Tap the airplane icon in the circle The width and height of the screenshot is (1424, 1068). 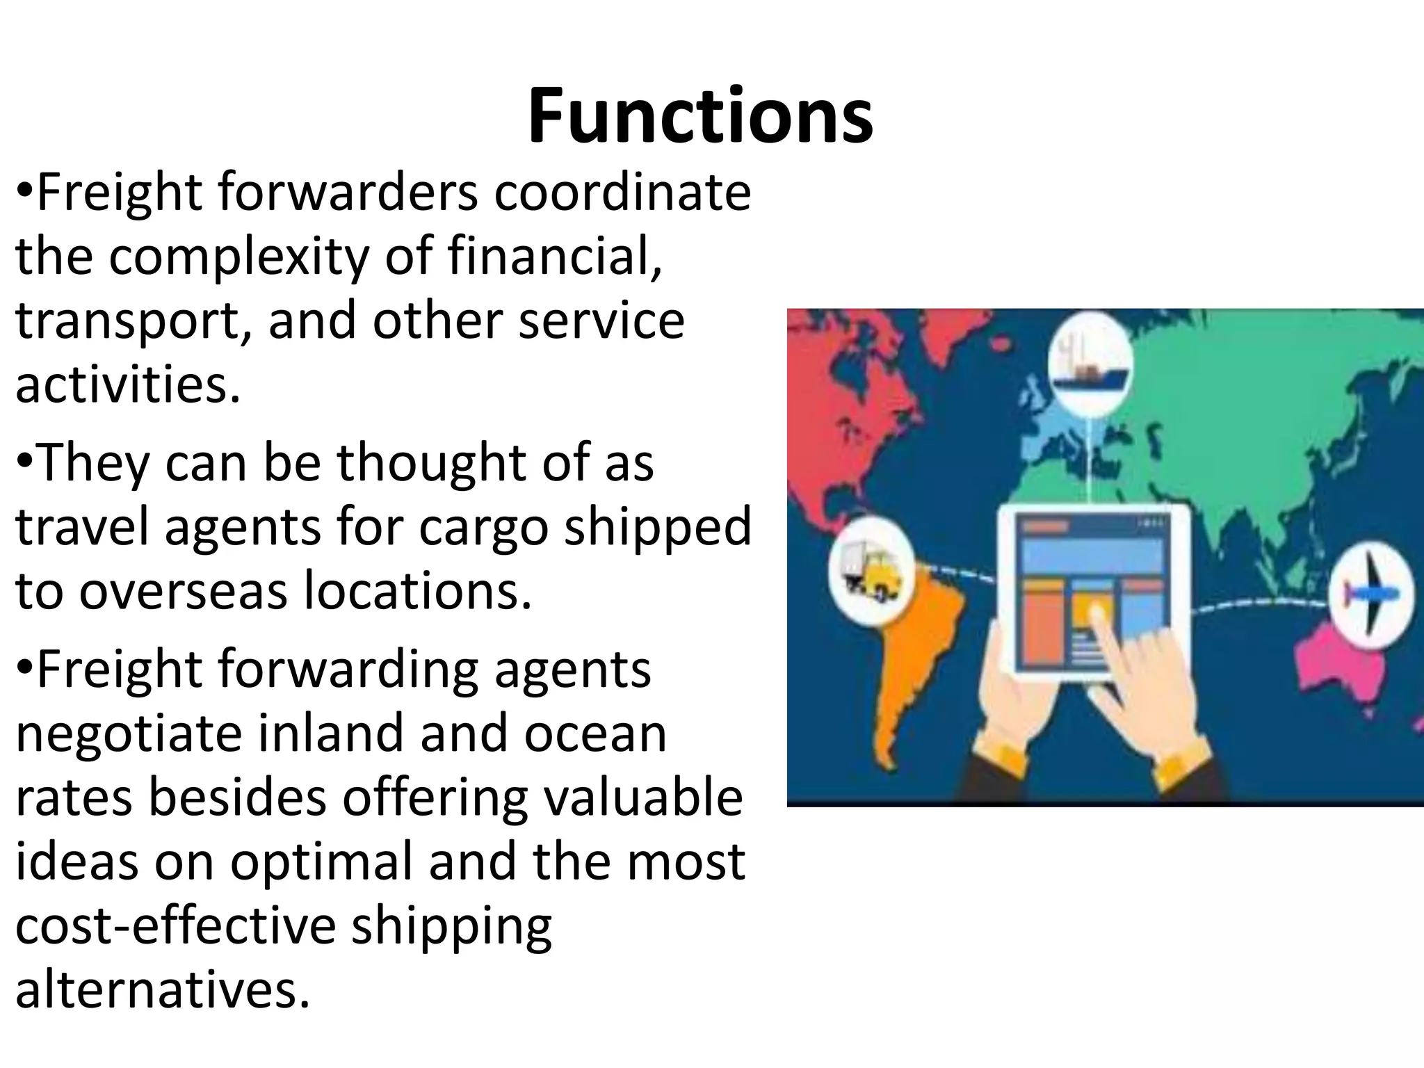1370,592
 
